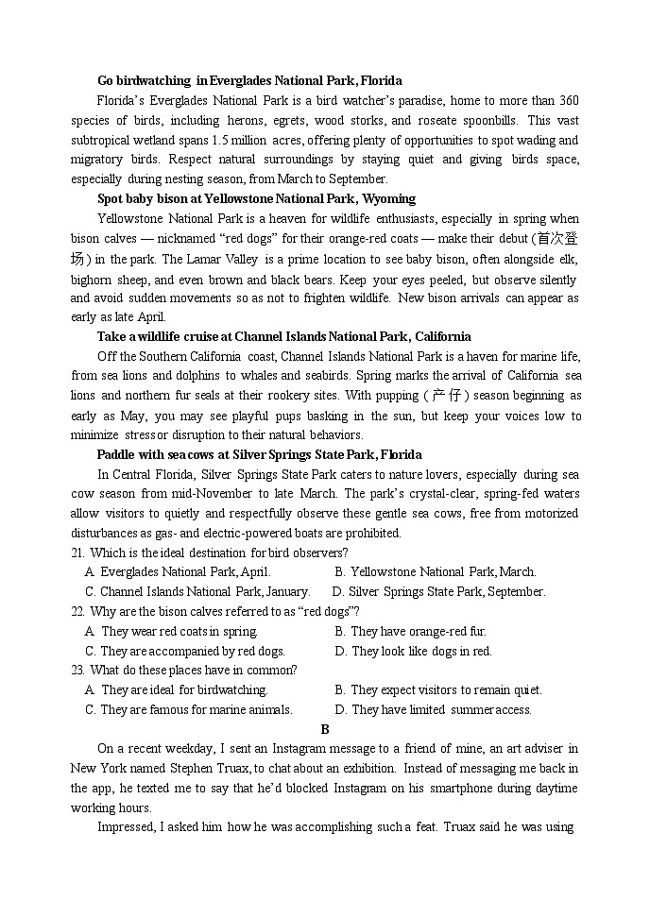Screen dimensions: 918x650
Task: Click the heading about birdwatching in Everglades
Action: (249, 81)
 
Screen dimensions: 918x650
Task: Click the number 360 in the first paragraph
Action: (568, 101)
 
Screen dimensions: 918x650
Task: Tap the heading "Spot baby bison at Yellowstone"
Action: (256, 199)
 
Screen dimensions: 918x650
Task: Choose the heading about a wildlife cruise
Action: (283, 337)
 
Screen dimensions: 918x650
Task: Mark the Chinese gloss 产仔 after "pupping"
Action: (444, 396)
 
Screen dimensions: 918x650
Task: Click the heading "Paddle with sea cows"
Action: (259, 455)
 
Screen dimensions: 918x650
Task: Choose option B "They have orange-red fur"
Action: (419, 632)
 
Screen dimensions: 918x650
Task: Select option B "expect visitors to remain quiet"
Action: (438, 690)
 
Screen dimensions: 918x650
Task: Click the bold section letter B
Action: (325, 730)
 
